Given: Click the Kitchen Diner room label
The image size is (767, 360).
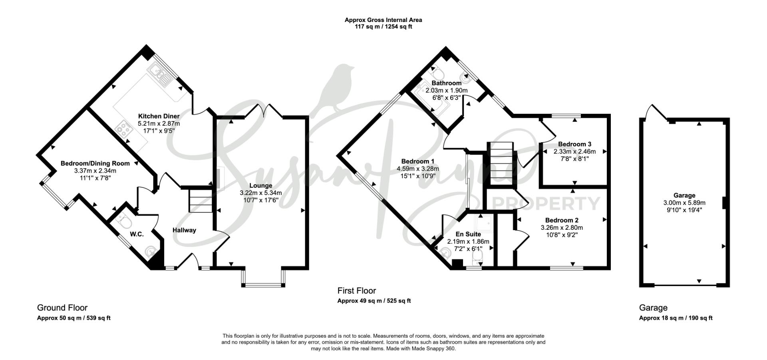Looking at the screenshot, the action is [159, 116].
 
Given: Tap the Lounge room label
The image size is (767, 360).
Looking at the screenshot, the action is [260, 185].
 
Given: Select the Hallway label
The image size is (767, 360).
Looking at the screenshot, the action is [184, 230].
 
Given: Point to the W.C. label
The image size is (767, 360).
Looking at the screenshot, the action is [137, 234].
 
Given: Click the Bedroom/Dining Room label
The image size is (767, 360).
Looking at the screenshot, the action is [95, 163].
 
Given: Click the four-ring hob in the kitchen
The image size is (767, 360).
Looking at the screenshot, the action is [124, 129].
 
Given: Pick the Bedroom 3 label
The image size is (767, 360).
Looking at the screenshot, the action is [574, 144].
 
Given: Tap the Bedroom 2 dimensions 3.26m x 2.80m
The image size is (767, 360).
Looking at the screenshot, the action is [562, 228].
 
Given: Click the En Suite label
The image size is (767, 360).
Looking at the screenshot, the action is [468, 235].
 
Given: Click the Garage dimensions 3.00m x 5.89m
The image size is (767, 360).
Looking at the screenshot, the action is [684, 203].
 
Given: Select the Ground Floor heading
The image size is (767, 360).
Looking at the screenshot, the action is [62, 308].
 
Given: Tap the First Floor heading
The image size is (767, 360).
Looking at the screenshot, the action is [357, 290].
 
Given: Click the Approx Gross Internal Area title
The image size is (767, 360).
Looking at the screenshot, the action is [383, 20].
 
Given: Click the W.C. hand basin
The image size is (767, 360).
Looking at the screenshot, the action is [151, 251].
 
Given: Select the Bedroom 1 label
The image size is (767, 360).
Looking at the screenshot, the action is [418, 161].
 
